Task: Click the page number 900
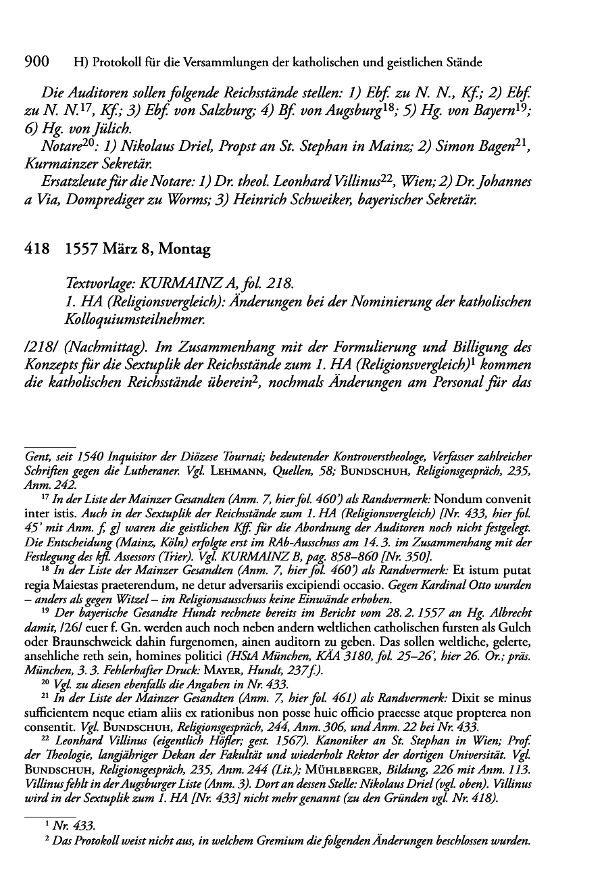tap(38, 63)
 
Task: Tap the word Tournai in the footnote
tap(284, 454)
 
